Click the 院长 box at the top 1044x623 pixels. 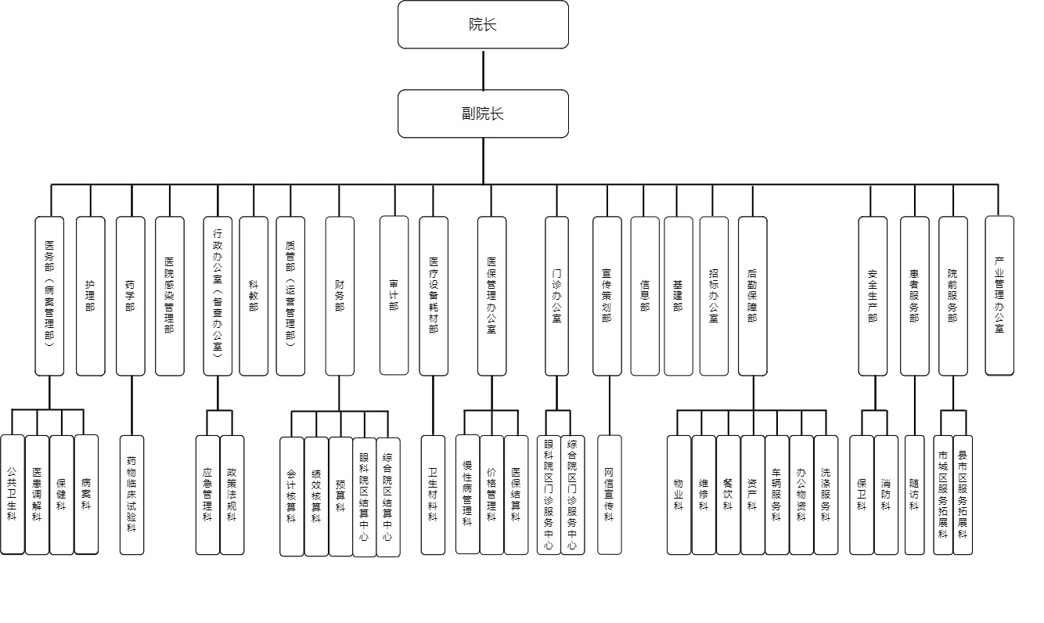point(483,24)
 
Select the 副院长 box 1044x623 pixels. point(483,113)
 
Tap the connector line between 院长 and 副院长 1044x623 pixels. point(483,70)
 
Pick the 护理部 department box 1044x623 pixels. point(90,296)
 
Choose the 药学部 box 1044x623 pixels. point(130,296)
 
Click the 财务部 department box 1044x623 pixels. point(340,296)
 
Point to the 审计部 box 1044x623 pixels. point(394,296)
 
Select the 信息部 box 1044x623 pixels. point(645,296)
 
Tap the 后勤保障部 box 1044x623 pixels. point(752,296)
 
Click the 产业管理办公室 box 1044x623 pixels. point(999,296)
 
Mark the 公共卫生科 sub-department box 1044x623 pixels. point(12,495)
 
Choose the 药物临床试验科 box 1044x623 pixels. point(131,495)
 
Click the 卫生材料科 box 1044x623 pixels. point(433,495)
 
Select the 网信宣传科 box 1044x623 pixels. point(610,495)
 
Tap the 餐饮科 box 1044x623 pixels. point(728,495)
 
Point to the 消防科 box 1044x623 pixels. point(886,495)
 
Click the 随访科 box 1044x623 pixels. point(914,495)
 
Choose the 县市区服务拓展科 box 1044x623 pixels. point(963,495)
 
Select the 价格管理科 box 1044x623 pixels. point(491,495)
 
